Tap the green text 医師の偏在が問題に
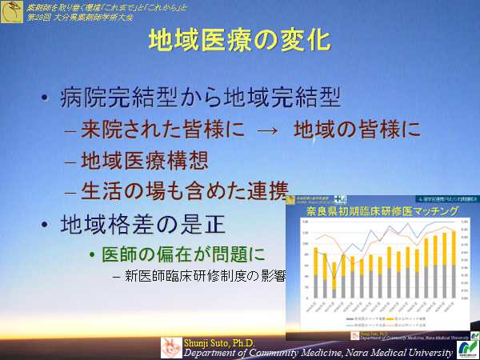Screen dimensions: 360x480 point(185,254)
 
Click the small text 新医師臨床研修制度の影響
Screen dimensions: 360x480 point(204,277)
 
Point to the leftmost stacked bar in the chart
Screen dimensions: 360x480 point(316,273)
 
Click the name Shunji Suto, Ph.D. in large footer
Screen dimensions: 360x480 point(208,342)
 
